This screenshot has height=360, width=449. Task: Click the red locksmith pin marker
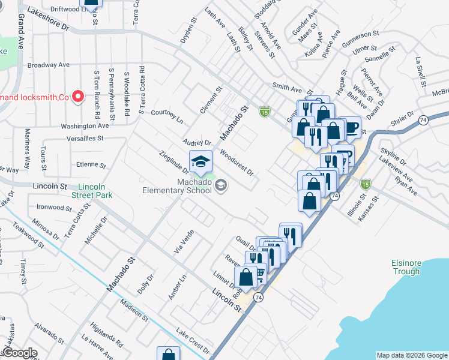[77, 96]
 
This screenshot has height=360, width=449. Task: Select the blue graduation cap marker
[201, 161]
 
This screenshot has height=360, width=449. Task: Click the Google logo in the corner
[19, 353]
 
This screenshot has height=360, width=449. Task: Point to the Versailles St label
[83, 138]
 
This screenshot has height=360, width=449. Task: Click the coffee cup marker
[349, 128]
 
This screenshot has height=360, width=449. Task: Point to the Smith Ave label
[287, 88]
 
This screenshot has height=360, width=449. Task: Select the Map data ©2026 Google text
[412, 355]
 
